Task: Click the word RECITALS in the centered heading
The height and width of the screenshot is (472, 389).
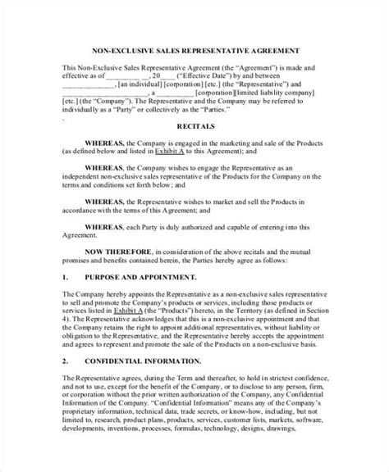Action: (194, 127)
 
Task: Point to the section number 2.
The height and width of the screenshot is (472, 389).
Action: (66, 383)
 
